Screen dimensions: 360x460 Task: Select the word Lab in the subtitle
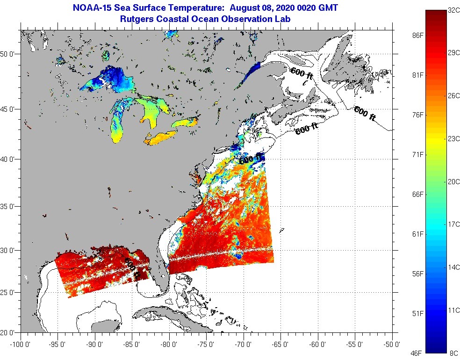pyautogui.click(x=282, y=19)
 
